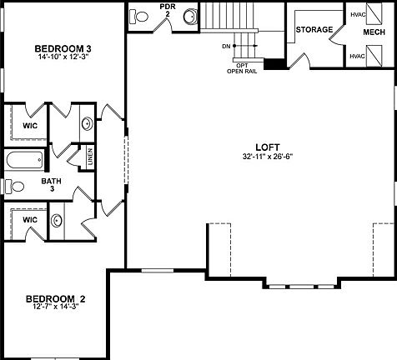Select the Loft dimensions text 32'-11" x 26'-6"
click(267, 156)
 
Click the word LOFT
click(267, 145)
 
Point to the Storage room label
click(314, 30)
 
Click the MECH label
click(374, 32)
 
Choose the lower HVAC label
click(358, 56)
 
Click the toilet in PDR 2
click(189, 16)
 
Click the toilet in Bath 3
click(11, 185)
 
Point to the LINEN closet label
click(89, 155)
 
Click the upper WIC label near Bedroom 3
click(30, 125)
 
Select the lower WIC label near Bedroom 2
click(30, 219)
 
